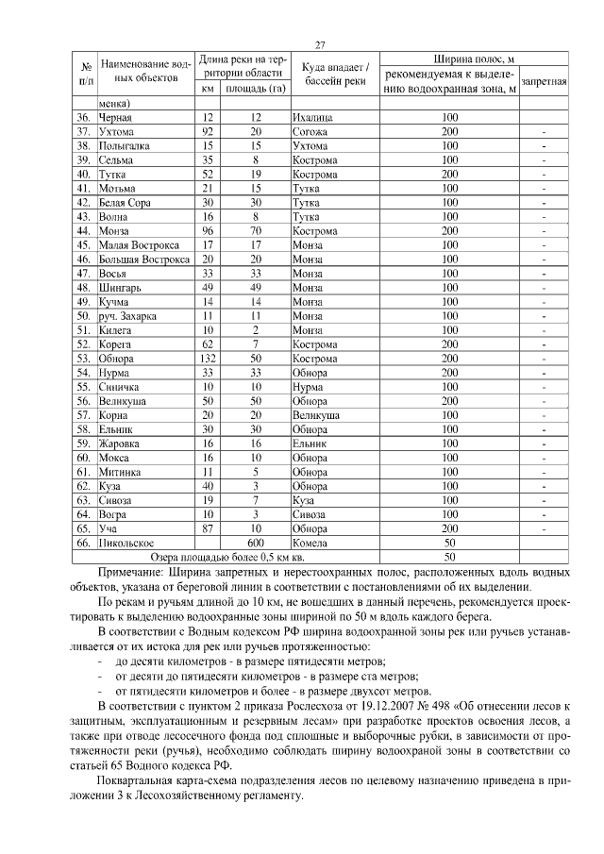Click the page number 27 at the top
[x=320, y=44]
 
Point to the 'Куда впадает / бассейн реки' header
[x=333, y=74]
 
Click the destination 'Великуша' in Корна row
[x=316, y=414]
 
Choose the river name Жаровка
[x=122, y=443]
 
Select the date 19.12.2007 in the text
[x=395, y=706]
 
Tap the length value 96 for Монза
[x=209, y=230]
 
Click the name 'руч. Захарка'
[x=128, y=316]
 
